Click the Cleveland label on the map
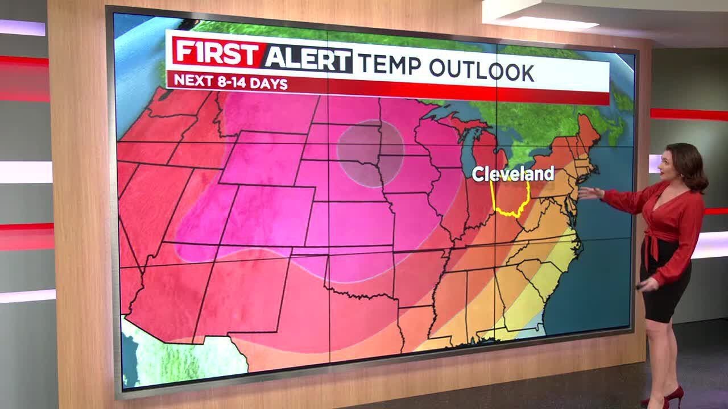pyautogui.click(x=513, y=174)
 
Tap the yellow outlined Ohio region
pyautogui.click(x=511, y=199)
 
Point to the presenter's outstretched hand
pyautogui.click(x=589, y=193)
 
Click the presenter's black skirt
pyautogui.click(x=665, y=284)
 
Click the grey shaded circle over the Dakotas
pyautogui.click(x=370, y=152)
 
